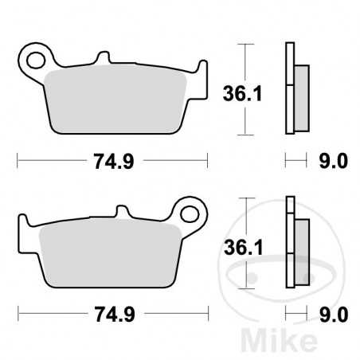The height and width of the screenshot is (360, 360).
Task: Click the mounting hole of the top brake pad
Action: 33,59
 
